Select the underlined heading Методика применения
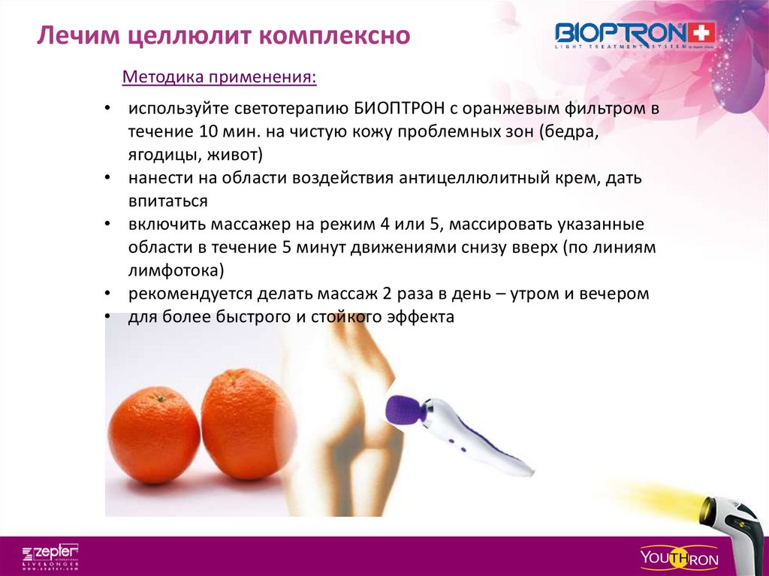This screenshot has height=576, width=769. point(219,77)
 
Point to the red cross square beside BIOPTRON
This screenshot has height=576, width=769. point(702,32)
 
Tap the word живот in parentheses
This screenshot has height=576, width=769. point(232,155)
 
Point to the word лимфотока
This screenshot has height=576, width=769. point(173,270)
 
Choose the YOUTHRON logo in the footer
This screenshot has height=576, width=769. point(679,558)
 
